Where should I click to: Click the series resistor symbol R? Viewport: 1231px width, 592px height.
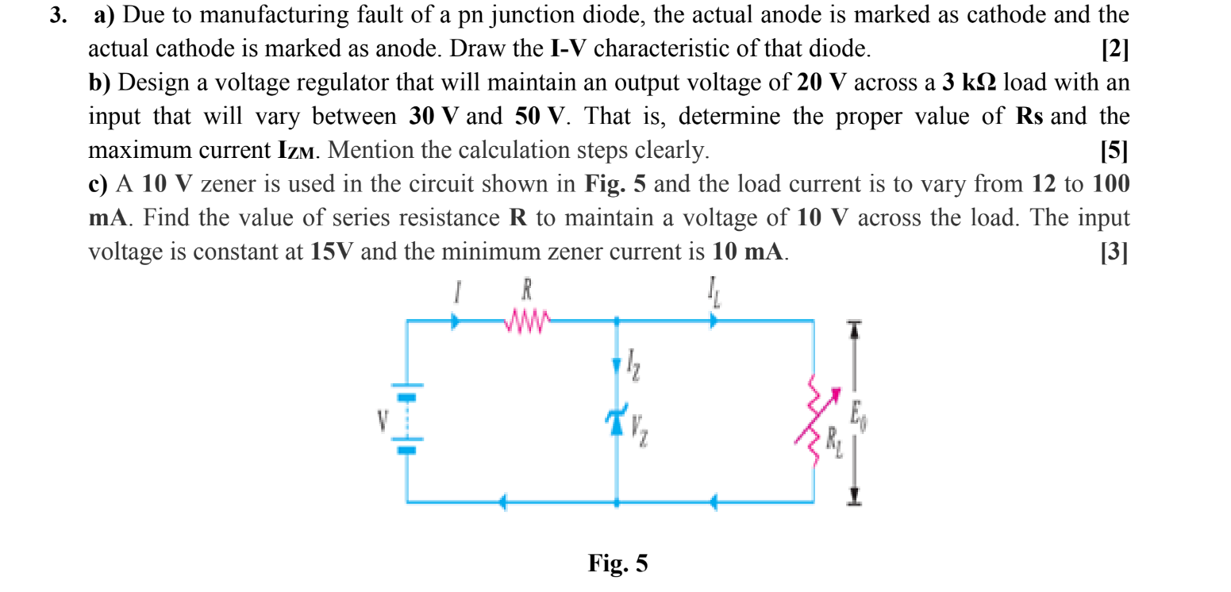[x=525, y=322]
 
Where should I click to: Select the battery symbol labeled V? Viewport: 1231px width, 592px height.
[x=407, y=421]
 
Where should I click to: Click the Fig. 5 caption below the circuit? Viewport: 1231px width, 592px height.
[x=617, y=563]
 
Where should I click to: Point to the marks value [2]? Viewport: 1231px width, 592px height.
[x=1114, y=49]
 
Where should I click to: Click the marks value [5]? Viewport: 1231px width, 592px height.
[x=1114, y=150]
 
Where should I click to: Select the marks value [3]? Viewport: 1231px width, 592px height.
[x=1114, y=252]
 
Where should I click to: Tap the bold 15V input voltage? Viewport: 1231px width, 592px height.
[x=333, y=252]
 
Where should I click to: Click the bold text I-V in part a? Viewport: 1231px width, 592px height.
[x=567, y=49]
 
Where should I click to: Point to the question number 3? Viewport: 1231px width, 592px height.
[x=56, y=16]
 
